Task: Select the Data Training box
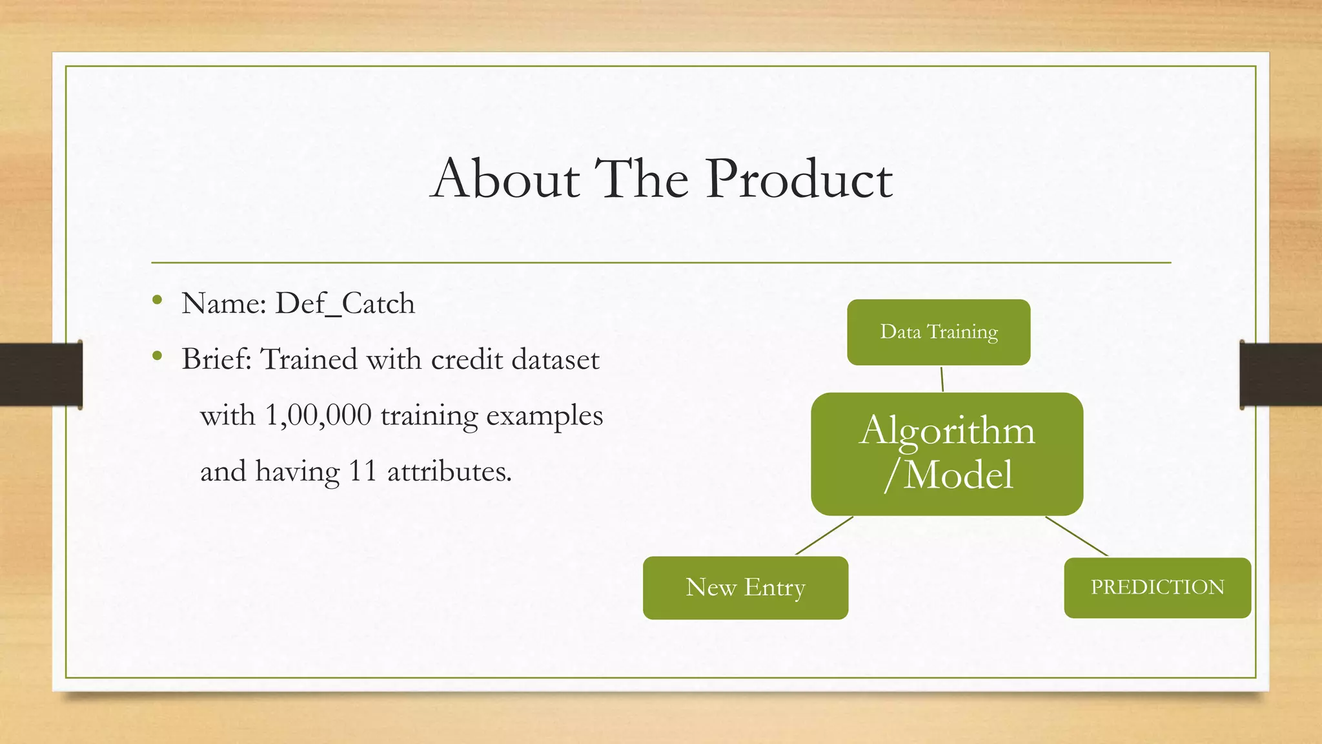tap(939, 332)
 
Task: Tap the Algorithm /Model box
tap(947, 453)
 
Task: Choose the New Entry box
tap(746, 588)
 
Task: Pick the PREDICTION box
tap(1157, 588)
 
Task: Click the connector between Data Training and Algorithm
tap(942, 379)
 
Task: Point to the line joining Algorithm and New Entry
tap(824, 535)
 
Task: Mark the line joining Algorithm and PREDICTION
tap(1077, 536)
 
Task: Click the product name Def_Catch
tap(345, 304)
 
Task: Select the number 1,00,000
tap(318, 415)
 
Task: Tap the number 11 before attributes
tap(362, 471)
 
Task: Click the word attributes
tap(449, 471)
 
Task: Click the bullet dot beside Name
tap(157, 300)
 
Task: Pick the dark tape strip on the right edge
tap(1281, 375)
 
